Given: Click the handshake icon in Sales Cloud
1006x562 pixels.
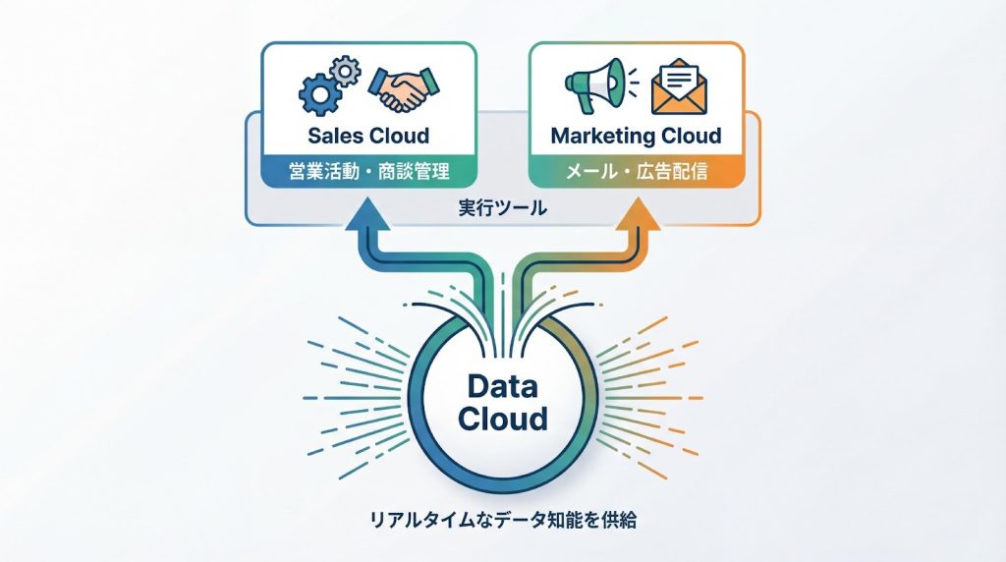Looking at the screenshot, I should point(401,88).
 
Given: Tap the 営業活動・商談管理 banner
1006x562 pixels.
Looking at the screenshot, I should point(368,172).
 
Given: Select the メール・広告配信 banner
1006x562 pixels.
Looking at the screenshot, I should point(636,172).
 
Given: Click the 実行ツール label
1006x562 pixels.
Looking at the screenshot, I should point(502,208).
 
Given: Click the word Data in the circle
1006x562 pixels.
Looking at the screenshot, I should point(503,386).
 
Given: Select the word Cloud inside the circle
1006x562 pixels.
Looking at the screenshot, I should point(503,419).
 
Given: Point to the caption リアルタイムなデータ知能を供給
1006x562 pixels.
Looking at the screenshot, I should point(502,520).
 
